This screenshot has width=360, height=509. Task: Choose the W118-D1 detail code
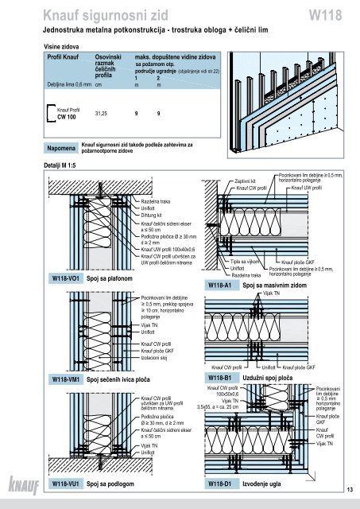(x=220, y=483)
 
